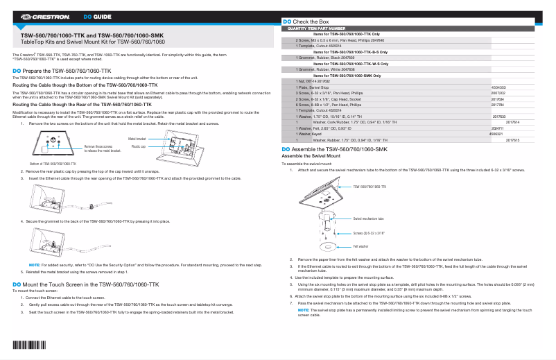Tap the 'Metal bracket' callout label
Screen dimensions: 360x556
tap(137, 139)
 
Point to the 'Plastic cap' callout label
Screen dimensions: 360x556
tap(138, 147)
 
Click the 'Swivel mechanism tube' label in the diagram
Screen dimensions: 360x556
tap(368, 218)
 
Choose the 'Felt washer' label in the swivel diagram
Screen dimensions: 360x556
tap(360, 246)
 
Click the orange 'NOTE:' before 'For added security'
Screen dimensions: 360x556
tap(34, 266)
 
